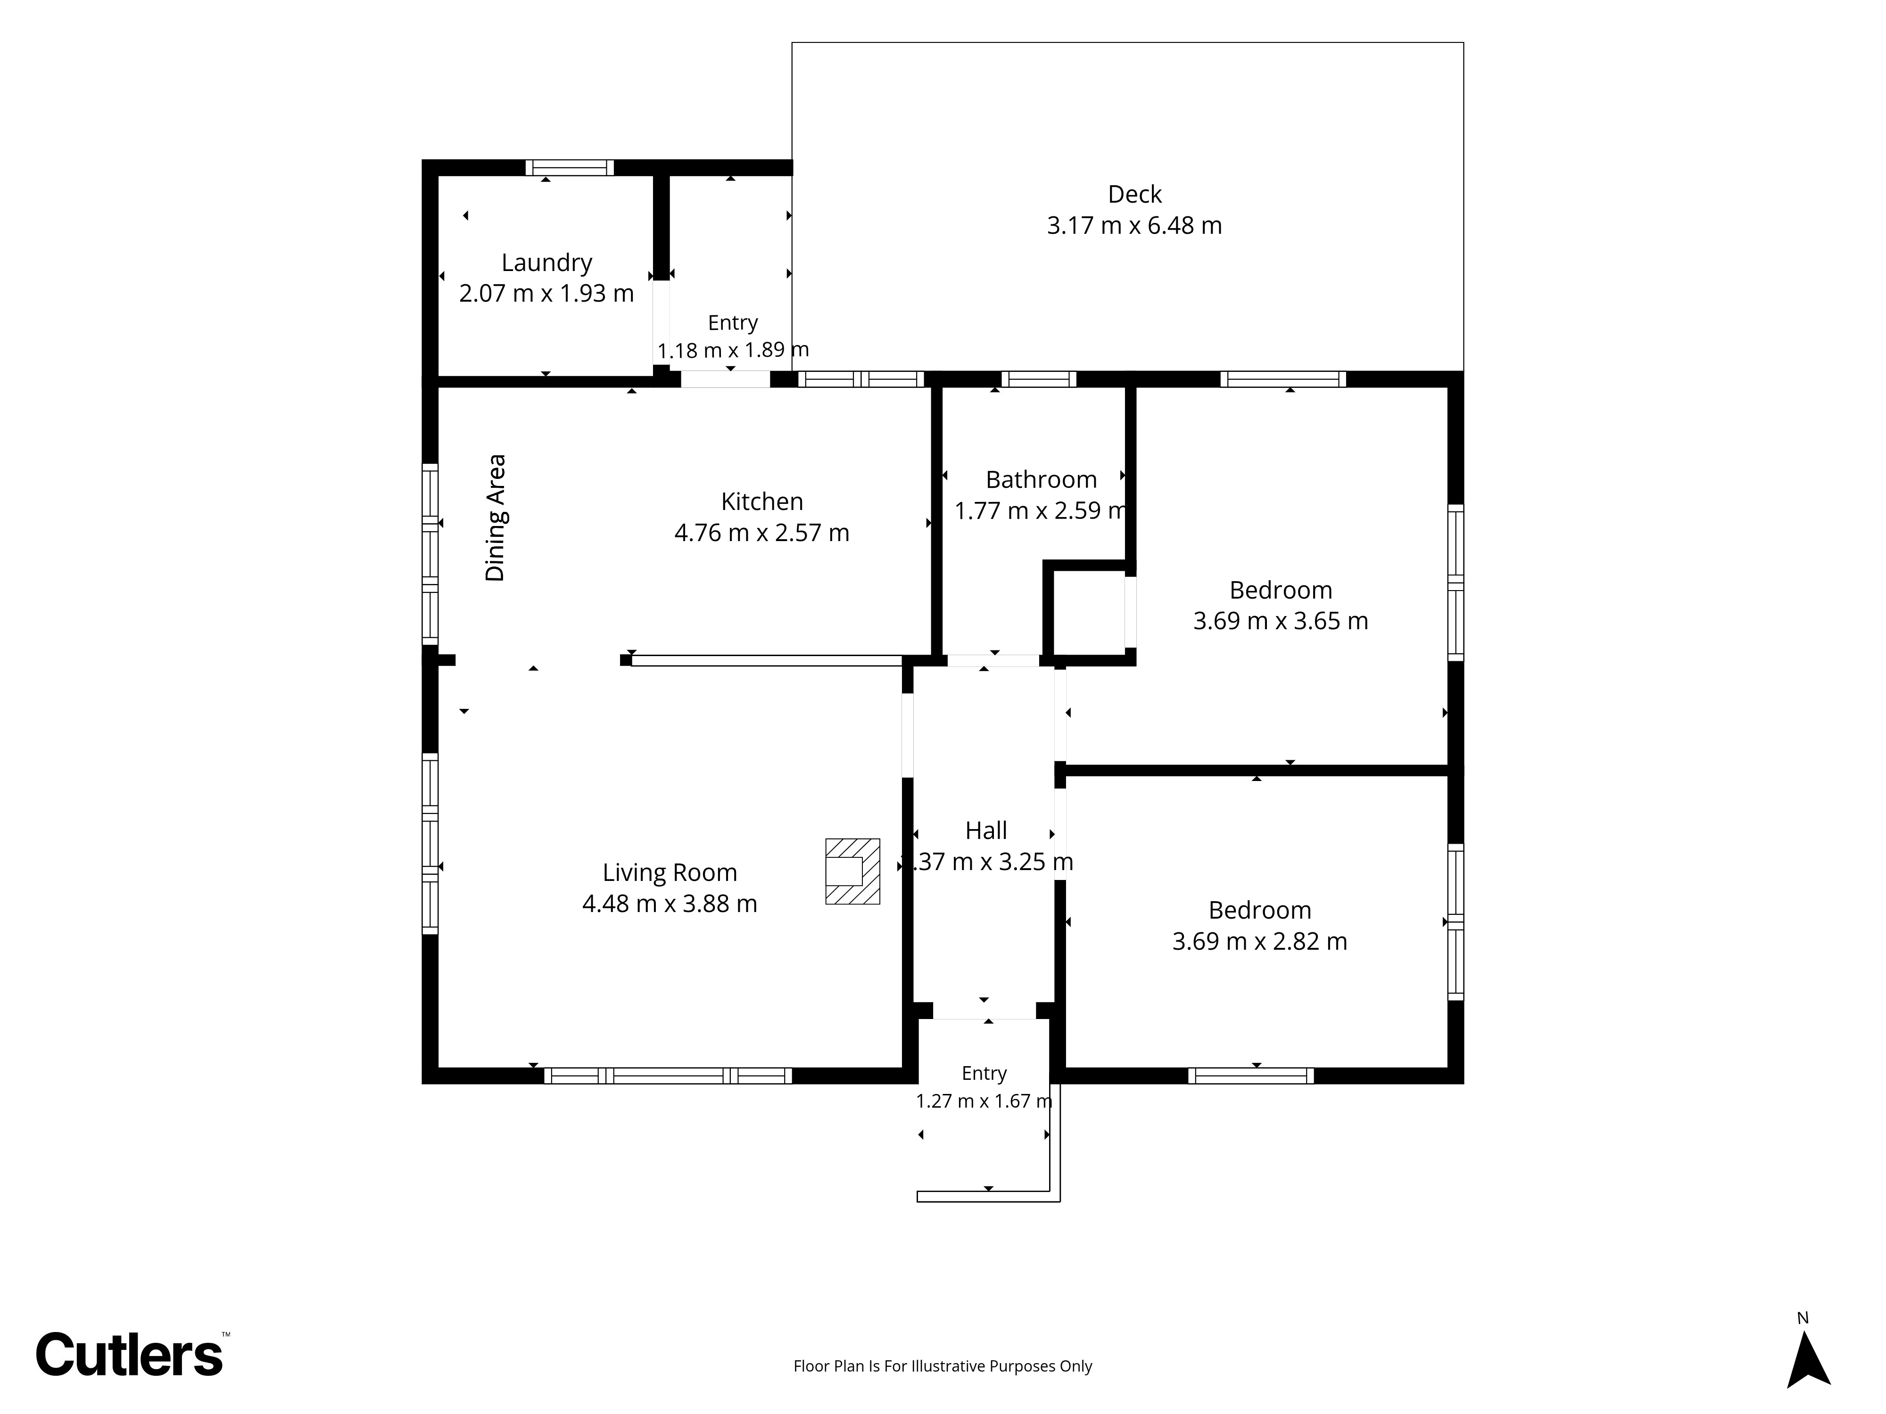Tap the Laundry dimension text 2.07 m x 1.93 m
(546, 293)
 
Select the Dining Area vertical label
(496, 518)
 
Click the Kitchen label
(762, 501)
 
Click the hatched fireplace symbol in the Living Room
(852, 871)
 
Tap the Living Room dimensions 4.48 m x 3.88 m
(670, 904)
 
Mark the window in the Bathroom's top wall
(1039, 379)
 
